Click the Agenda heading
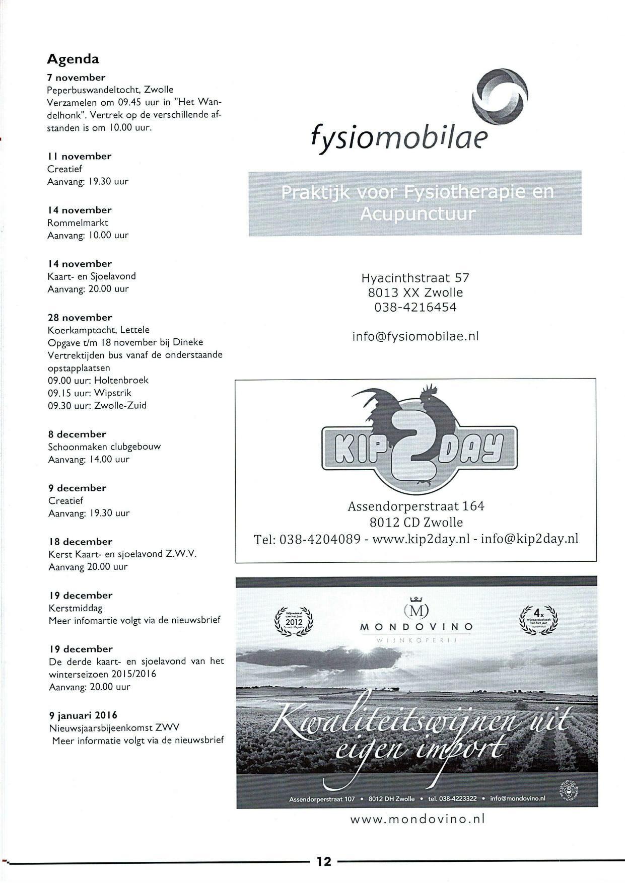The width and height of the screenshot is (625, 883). (x=73, y=59)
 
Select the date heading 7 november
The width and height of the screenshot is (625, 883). (x=76, y=78)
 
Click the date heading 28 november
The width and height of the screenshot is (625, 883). (x=80, y=318)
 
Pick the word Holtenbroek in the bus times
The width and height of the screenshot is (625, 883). (x=121, y=381)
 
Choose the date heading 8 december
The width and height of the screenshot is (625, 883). (x=77, y=434)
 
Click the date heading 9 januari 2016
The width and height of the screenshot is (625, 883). (x=83, y=715)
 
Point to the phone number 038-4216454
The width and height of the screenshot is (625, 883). (x=415, y=307)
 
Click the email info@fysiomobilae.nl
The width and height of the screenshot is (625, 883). (x=415, y=336)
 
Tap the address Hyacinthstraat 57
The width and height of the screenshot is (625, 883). (x=415, y=278)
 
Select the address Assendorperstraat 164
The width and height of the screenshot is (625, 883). (x=416, y=506)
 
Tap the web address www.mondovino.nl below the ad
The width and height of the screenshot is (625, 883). (x=417, y=819)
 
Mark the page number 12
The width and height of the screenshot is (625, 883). (x=324, y=861)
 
